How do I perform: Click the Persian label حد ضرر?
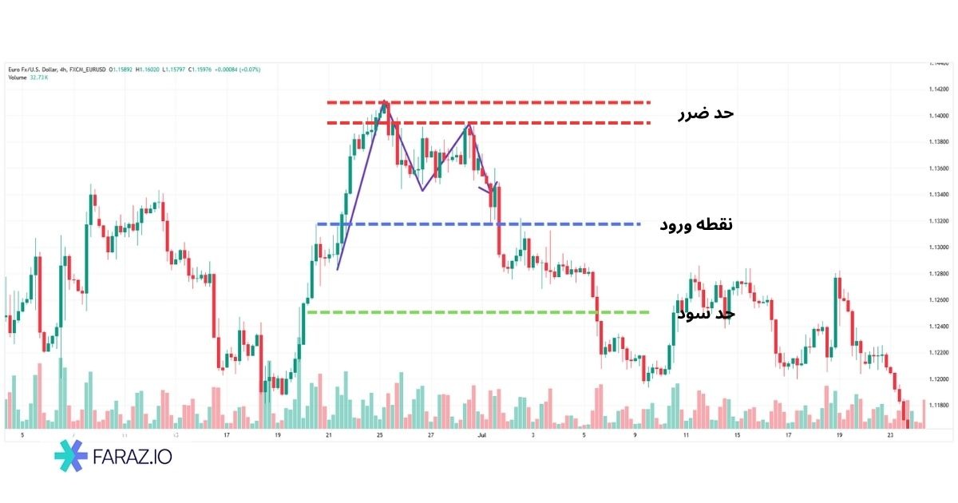[x=705, y=113]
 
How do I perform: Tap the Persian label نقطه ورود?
[x=695, y=224]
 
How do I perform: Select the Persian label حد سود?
[x=706, y=314]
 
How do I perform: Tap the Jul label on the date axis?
[x=481, y=436]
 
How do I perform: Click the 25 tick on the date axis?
[x=380, y=436]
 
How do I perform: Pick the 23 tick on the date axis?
[x=889, y=436]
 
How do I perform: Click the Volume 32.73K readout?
[x=29, y=77]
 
